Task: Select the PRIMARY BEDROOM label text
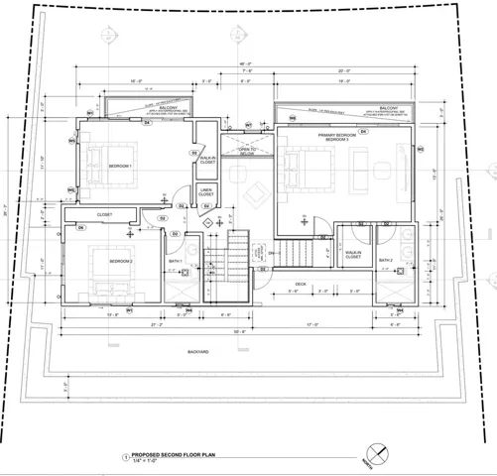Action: pyautogui.click(x=332, y=136)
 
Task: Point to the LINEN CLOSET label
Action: pyautogui.click(x=205, y=191)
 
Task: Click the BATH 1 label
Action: pyautogui.click(x=175, y=262)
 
